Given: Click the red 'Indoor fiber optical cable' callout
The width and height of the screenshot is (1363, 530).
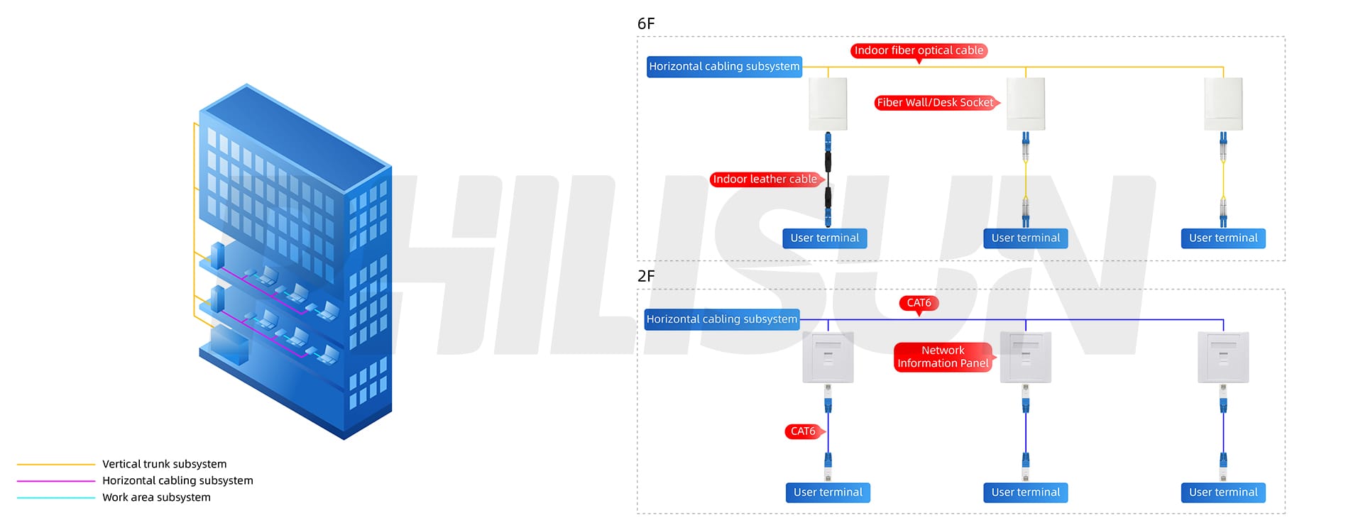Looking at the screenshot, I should [x=919, y=50].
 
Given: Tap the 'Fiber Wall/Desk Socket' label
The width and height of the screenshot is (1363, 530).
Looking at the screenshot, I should [x=935, y=103].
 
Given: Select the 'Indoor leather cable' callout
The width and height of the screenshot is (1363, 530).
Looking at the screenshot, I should [x=765, y=180].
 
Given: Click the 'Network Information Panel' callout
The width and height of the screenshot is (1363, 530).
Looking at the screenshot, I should [x=942, y=357].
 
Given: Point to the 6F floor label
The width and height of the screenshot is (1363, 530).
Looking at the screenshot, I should [x=646, y=24].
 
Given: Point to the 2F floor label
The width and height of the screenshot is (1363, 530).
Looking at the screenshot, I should [x=646, y=276].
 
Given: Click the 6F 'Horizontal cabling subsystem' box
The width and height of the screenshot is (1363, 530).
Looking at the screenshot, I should [x=724, y=67].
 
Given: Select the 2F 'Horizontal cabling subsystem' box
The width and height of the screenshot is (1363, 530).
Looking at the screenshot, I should [x=721, y=319].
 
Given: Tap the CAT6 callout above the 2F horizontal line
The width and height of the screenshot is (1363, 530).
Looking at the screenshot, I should [x=919, y=303].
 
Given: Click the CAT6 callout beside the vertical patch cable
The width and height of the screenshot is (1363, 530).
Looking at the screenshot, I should [x=803, y=431].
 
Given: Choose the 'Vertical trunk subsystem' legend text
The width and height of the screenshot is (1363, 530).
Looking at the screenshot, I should [x=164, y=464].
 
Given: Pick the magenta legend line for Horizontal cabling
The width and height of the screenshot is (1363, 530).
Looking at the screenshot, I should [x=55, y=481].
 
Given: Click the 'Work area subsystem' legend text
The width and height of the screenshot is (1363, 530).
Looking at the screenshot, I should [x=156, y=497].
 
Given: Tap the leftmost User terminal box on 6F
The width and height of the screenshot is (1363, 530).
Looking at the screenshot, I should [x=824, y=238].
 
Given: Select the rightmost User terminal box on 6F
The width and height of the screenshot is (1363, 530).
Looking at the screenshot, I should [x=1222, y=238].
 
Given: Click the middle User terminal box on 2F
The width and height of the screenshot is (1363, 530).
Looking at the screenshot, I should [x=1025, y=492].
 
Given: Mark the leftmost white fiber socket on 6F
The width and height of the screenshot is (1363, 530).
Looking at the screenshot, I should [x=828, y=104].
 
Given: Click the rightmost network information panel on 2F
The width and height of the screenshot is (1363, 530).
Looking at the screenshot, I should [x=1222, y=357].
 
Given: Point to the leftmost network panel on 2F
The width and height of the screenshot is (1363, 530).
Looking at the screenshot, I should [x=828, y=357].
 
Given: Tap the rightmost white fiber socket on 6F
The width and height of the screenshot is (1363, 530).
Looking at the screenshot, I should [x=1222, y=104].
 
